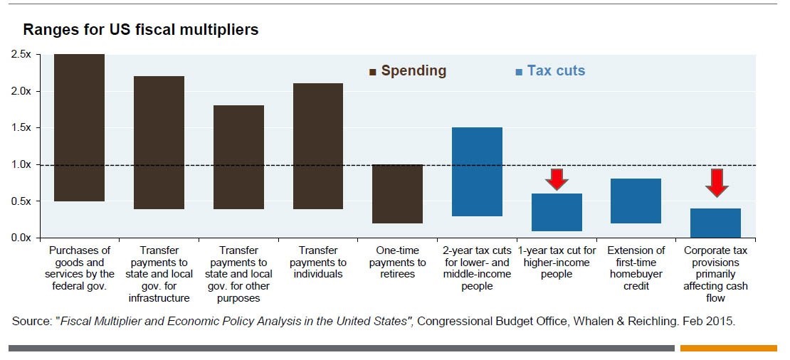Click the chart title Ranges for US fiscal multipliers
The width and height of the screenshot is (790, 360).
(x=140, y=30)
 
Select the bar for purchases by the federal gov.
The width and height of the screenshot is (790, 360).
(x=80, y=127)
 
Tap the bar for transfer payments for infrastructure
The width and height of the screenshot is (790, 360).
(x=159, y=142)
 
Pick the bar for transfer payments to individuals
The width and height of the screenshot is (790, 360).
(x=318, y=146)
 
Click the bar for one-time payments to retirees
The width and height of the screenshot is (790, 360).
(x=398, y=194)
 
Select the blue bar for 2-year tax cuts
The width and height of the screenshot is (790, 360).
(x=477, y=171)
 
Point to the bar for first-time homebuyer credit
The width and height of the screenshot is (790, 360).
(x=636, y=201)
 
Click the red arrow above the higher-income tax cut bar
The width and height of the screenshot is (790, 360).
(x=557, y=179)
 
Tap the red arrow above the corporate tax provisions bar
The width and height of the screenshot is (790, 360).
(x=716, y=182)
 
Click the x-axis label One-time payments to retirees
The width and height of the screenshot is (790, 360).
(x=398, y=262)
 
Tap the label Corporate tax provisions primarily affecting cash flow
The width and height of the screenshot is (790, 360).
(x=716, y=274)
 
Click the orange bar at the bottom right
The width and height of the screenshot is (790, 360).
(x=728, y=348)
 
